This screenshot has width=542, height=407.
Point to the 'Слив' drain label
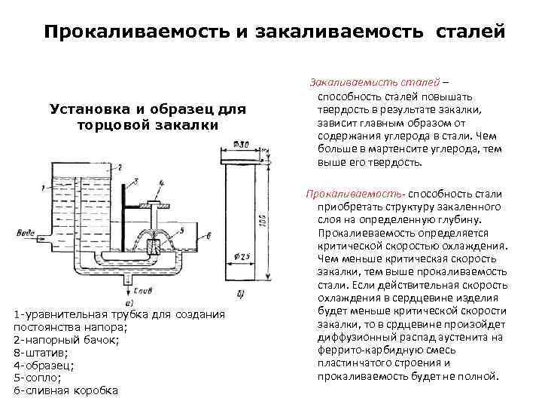[x=144, y=290]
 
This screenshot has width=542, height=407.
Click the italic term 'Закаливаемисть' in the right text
[x=348, y=82]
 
